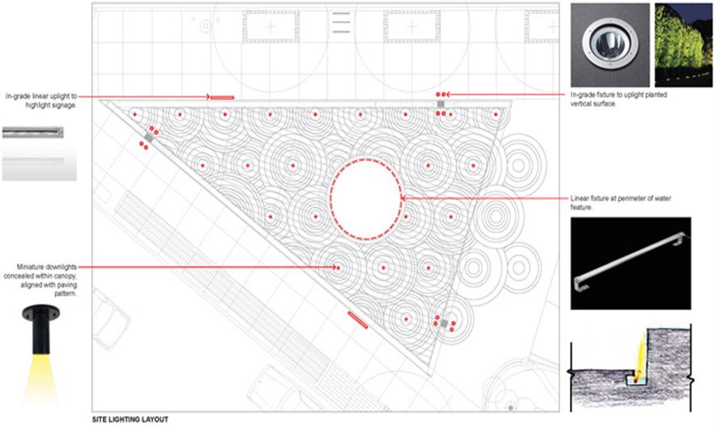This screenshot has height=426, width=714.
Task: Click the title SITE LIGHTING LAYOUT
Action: (x=130, y=420)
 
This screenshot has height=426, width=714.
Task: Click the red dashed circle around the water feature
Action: (x=330, y=199)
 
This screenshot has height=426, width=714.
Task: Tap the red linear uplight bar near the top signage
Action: (x=223, y=97)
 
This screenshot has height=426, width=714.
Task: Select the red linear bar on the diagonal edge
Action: (x=358, y=319)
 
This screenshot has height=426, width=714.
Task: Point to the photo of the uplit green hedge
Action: (x=683, y=45)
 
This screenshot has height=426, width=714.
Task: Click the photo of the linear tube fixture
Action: (x=631, y=263)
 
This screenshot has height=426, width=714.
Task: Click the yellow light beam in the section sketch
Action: (x=640, y=353)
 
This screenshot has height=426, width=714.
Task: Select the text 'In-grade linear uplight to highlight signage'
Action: (x=41, y=100)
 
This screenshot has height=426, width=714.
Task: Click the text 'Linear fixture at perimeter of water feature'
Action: (x=621, y=202)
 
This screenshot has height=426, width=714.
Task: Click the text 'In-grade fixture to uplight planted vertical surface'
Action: (x=618, y=100)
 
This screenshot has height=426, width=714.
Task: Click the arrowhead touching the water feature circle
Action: (x=403, y=198)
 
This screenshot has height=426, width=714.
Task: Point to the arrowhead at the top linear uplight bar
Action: (x=208, y=96)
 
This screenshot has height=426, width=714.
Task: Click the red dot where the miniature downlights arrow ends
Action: (x=338, y=267)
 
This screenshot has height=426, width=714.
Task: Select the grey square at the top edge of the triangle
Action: (x=440, y=104)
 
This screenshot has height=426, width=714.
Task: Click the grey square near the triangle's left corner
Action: (x=148, y=138)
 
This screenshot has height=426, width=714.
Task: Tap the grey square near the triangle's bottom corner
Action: (x=444, y=323)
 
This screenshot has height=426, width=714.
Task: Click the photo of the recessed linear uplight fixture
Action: (x=32, y=133)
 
